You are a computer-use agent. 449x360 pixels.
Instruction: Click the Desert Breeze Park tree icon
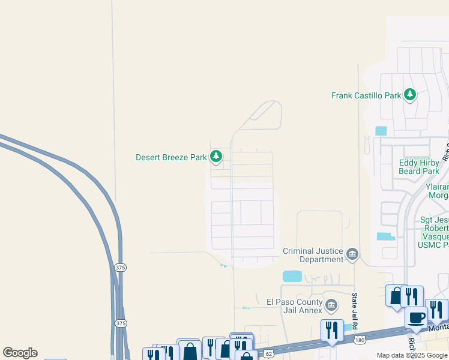coord(216,157)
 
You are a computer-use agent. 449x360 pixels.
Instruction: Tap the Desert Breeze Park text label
coord(171,158)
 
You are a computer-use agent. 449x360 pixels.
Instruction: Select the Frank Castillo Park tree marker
coord(410,94)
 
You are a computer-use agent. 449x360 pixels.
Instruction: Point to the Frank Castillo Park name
coord(366,95)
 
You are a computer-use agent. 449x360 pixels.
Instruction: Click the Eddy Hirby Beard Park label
coord(419,167)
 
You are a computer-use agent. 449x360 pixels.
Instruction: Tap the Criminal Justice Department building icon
coord(352,255)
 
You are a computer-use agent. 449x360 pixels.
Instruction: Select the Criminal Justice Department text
coord(313,255)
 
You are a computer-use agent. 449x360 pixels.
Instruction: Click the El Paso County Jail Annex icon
coord(331,305)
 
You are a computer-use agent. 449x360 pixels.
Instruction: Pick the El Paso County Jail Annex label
coord(295,306)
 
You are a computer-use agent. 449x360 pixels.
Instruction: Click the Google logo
coord(20,353)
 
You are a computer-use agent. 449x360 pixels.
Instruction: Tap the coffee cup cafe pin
coord(416,317)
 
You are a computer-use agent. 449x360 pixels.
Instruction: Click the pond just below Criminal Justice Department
coord(292,276)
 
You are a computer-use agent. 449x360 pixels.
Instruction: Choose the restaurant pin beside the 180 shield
coord(332,329)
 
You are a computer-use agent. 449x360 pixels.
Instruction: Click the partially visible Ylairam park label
coord(437,191)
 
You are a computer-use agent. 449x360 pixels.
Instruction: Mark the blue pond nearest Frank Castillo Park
coord(381,130)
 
